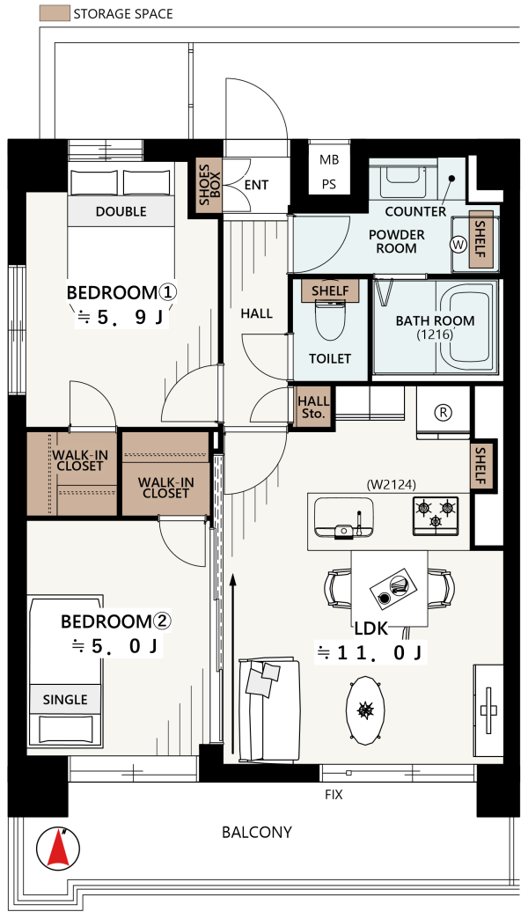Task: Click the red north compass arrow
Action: [x=58, y=849]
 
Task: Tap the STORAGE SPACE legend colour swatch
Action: [x=55, y=13]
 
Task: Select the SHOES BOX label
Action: [x=209, y=185]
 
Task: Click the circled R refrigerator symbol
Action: [x=444, y=413]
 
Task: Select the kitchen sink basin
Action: [x=343, y=517]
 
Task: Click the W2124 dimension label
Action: [x=391, y=485]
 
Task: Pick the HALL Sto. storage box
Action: [x=313, y=407]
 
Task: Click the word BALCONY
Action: [x=257, y=832]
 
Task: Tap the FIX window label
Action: [x=334, y=795]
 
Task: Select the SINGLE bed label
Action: [x=65, y=699]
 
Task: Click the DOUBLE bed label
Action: [x=121, y=211]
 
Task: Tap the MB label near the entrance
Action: [x=329, y=159]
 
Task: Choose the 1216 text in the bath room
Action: [x=435, y=335]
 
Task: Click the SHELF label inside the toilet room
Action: [x=330, y=290]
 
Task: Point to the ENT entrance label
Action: [x=256, y=185]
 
